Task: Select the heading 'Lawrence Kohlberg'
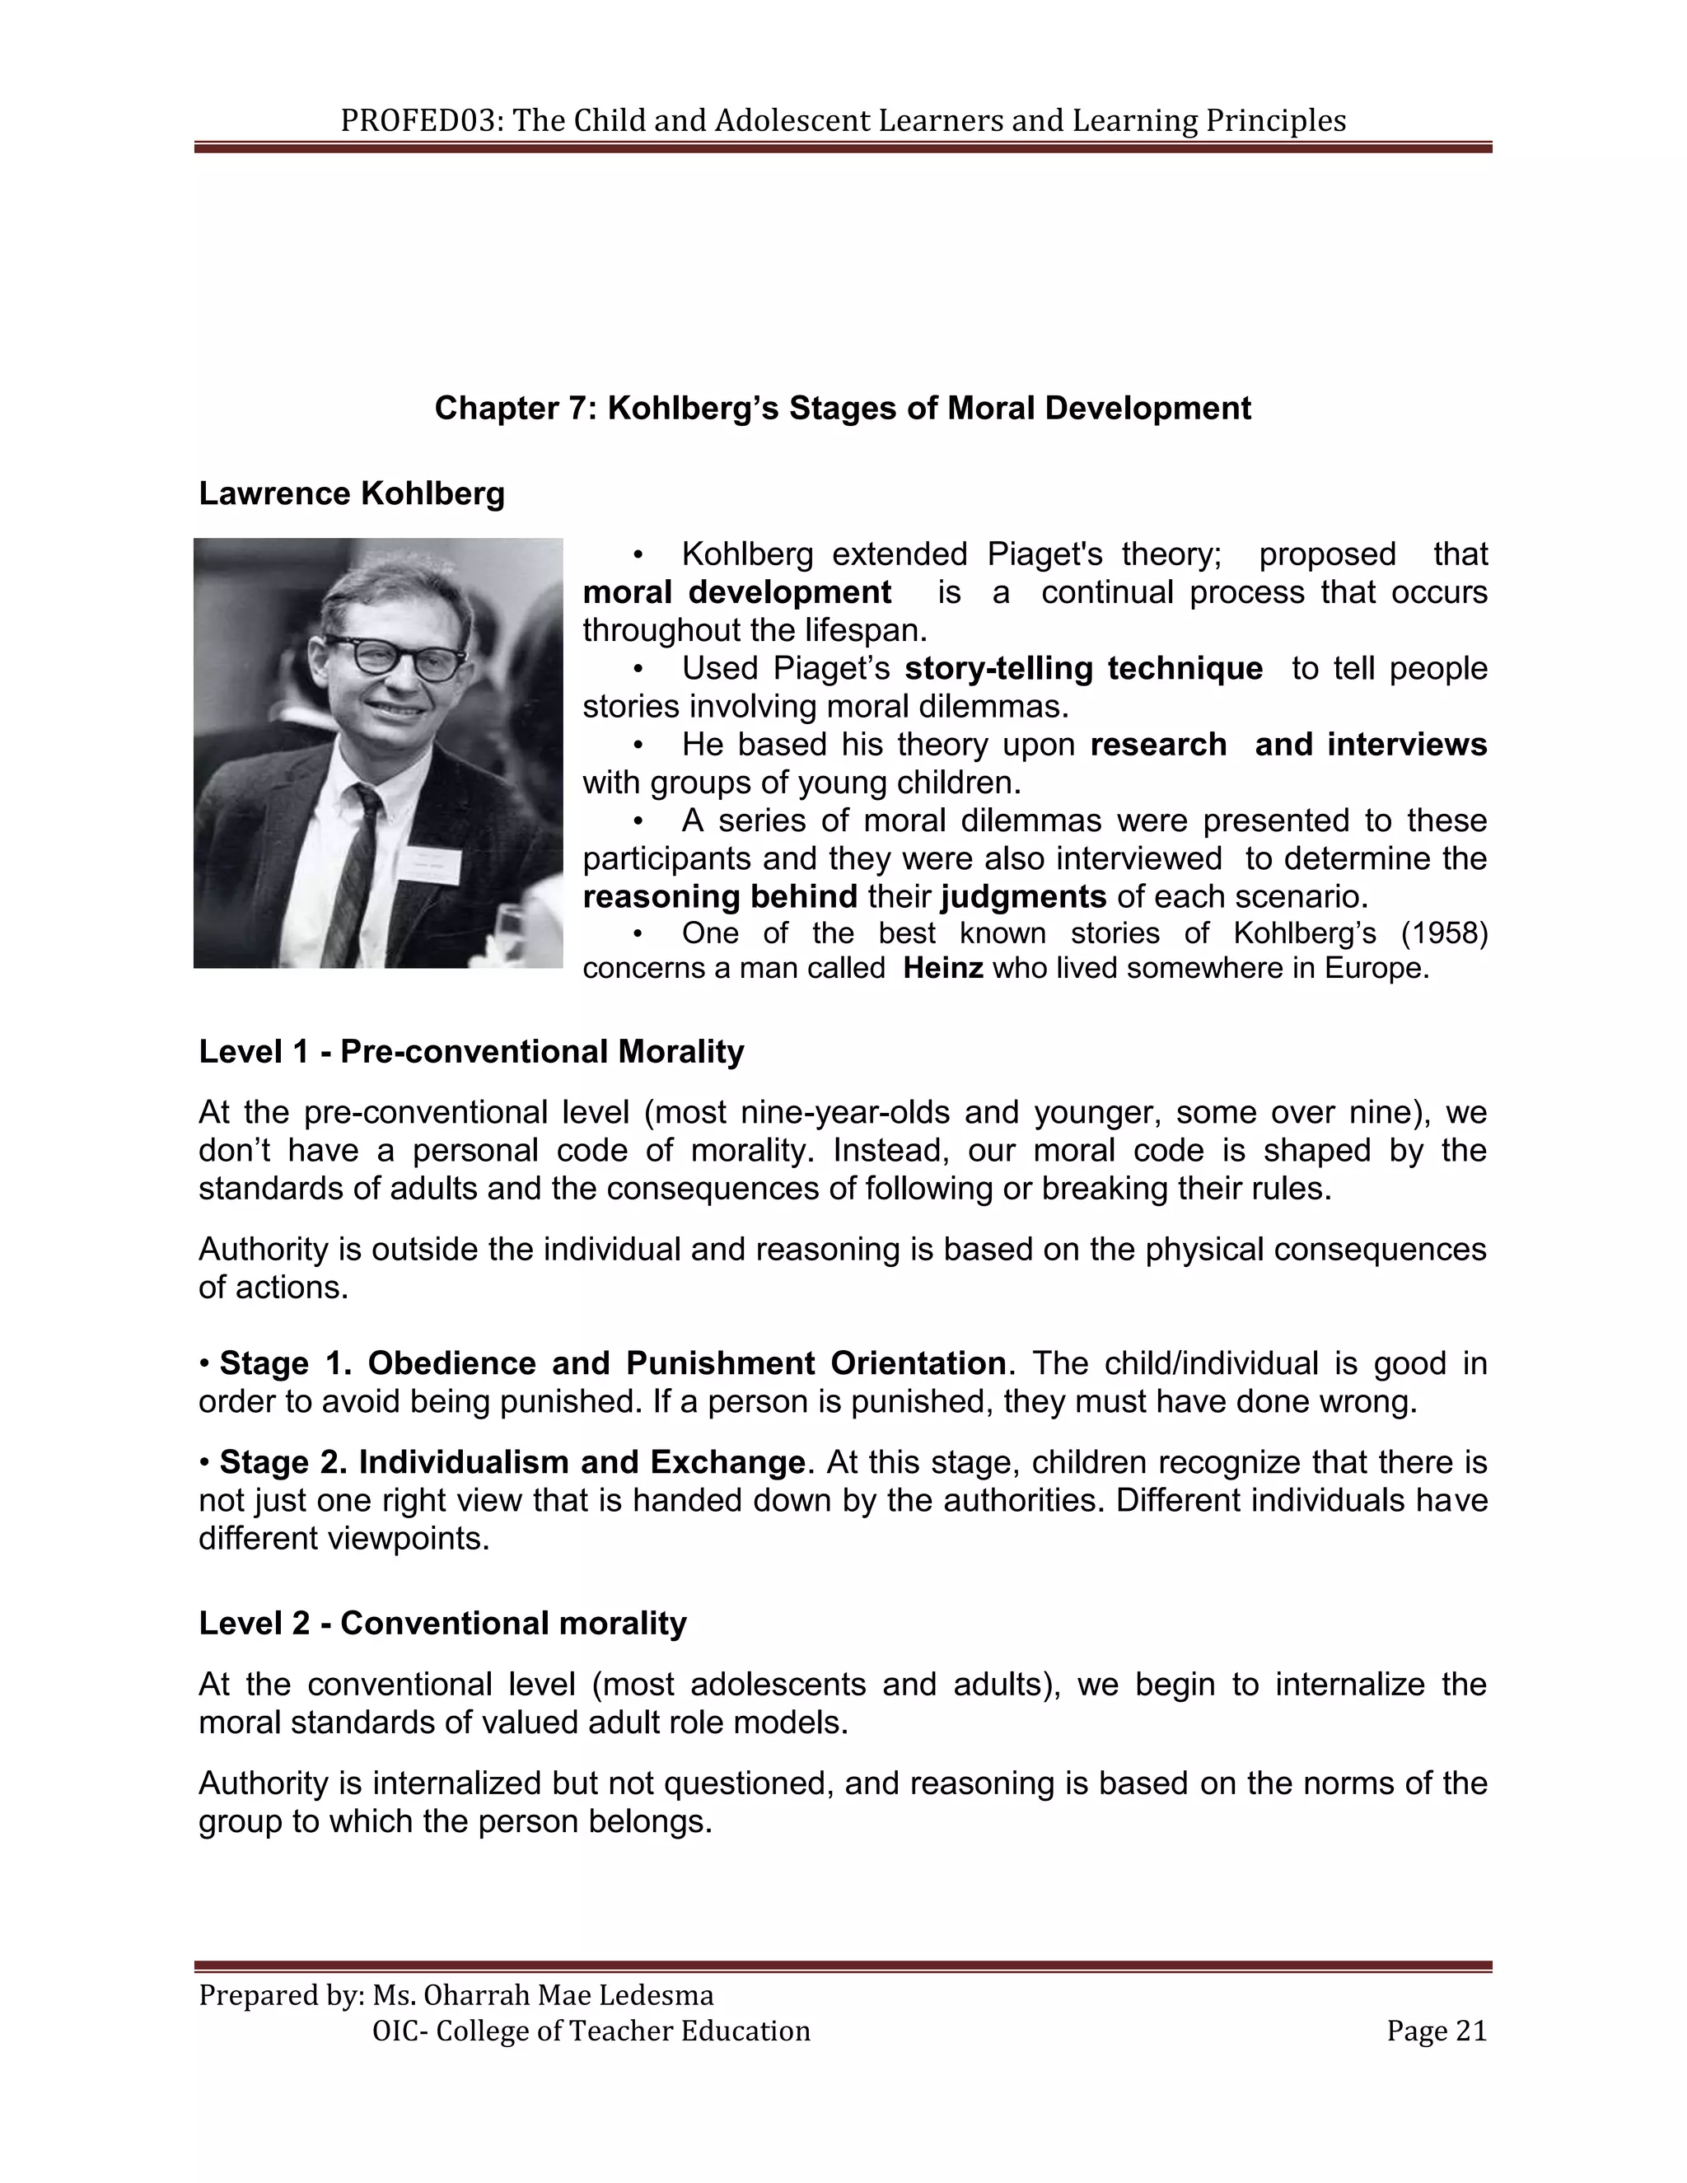[x=352, y=493]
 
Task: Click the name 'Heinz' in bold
[x=943, y=969]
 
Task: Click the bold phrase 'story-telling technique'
[x=1083, y=668]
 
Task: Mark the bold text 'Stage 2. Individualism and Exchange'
[x=512, y=1462]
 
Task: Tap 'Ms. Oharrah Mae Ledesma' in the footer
[x=543, y=1995]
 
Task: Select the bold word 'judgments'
[x=1023, y=895]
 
